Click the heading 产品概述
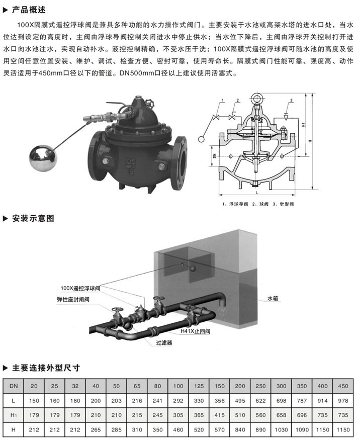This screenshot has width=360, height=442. [x=30, y=9]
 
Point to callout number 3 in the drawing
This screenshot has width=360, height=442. [x=290, y=102]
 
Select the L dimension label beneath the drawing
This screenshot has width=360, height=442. [x=256, y=192]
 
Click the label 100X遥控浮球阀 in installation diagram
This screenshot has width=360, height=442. [x=80, y=288]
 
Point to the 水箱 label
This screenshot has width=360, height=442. [x=273, y=298]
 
